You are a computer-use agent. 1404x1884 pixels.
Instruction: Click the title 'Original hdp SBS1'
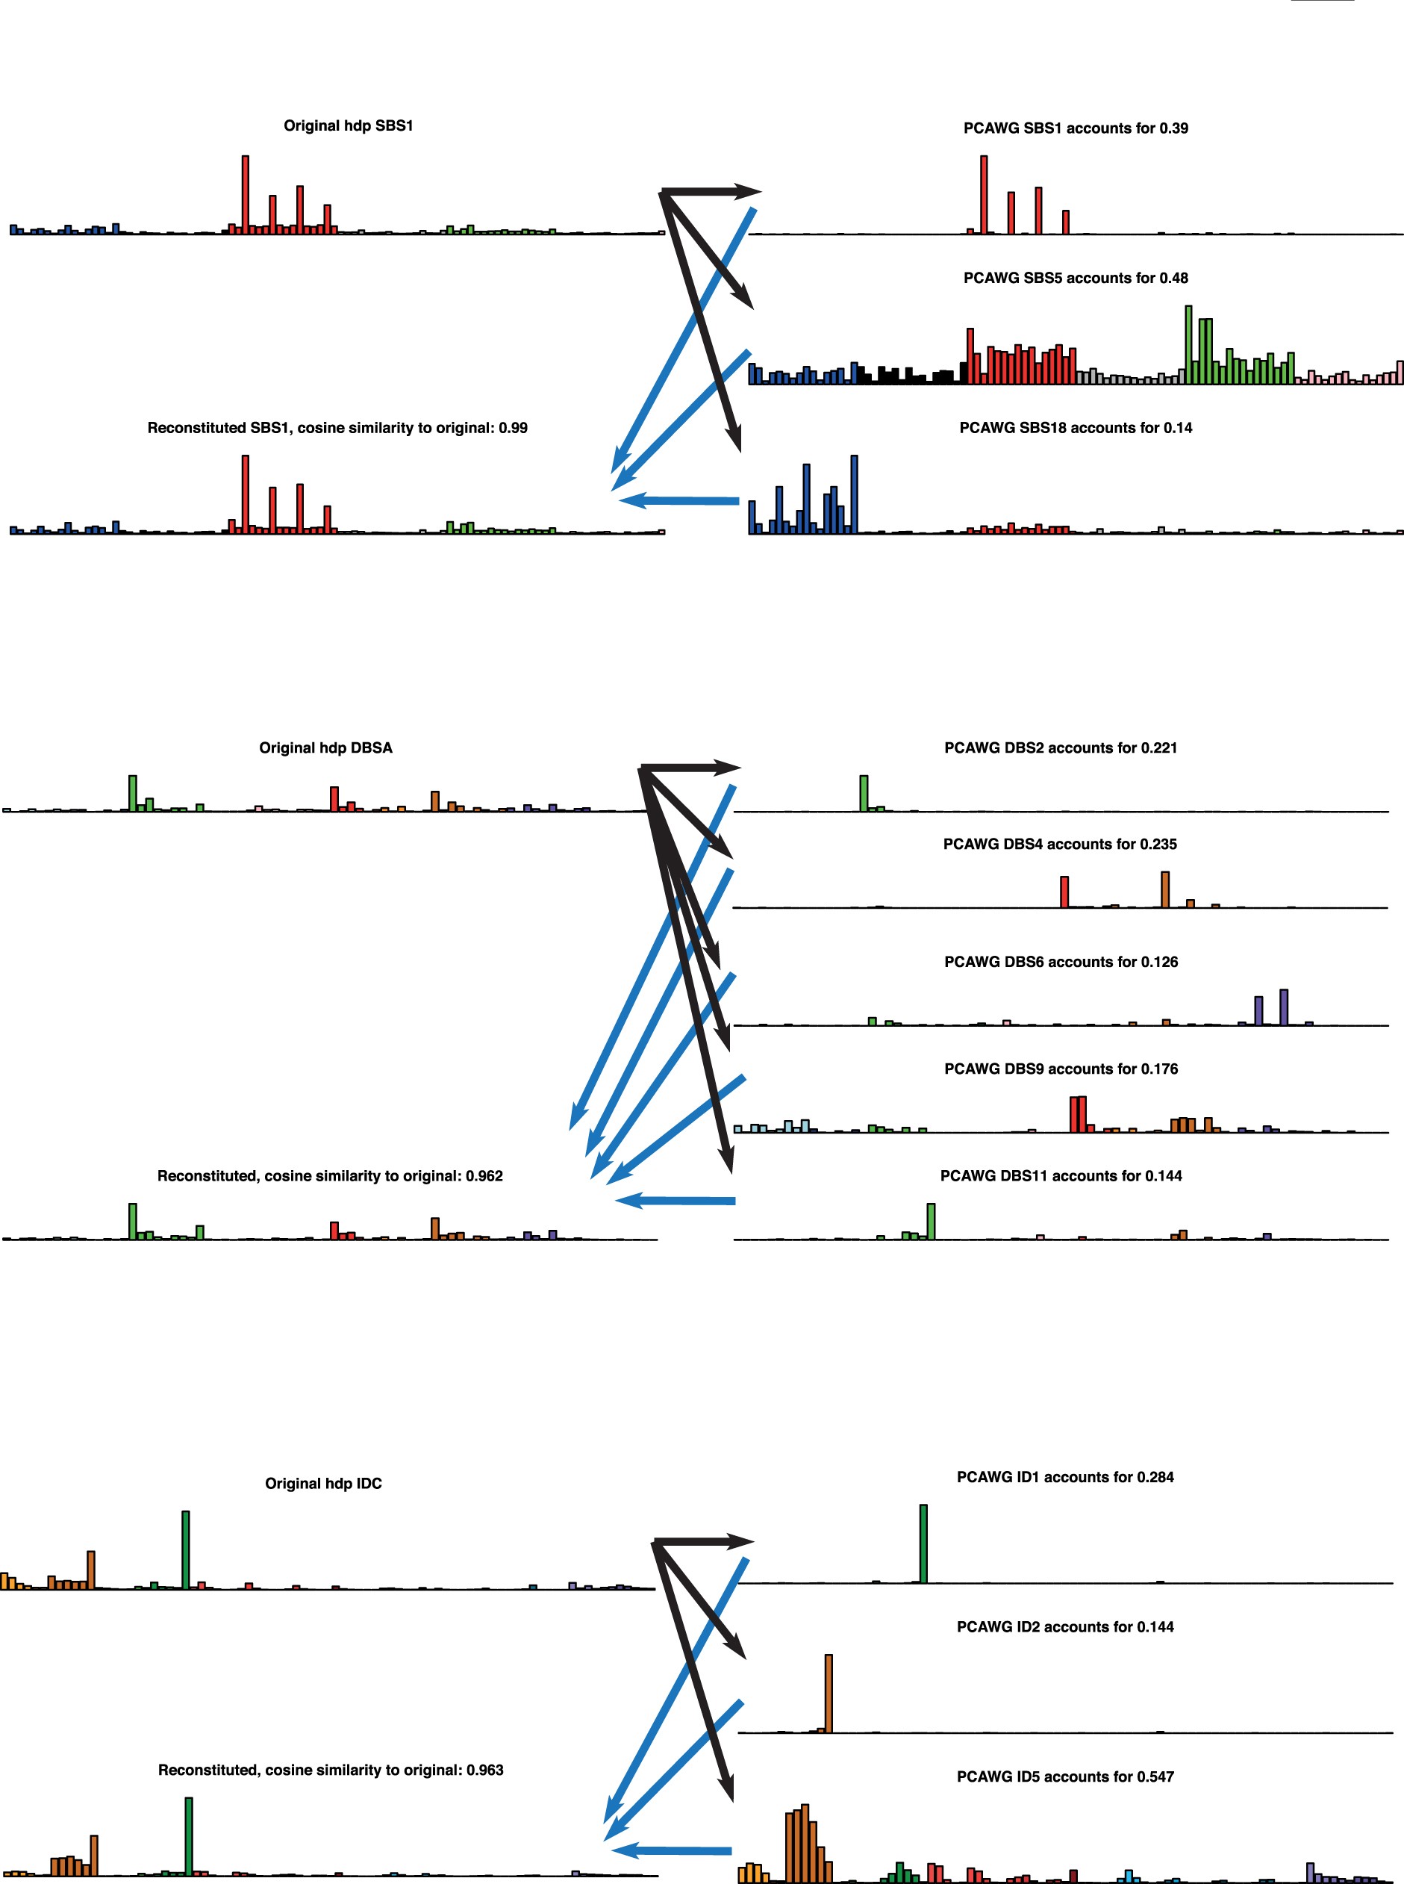point(349,126)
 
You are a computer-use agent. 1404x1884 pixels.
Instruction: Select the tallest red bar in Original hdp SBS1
point(246,194)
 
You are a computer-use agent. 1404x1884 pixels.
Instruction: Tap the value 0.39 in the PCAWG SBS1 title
point(1173,128)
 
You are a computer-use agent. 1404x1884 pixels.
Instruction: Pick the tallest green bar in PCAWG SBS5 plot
point(1188,344)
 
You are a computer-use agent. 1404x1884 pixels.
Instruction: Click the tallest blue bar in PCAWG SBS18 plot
point(854,495)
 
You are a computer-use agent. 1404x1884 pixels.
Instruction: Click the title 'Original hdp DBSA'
point(325,748)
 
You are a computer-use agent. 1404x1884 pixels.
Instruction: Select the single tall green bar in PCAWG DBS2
point(864,793)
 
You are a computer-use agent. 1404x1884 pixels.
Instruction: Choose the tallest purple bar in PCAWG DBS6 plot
point(1284,1007)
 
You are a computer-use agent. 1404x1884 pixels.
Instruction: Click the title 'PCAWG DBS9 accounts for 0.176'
point(1061,1069)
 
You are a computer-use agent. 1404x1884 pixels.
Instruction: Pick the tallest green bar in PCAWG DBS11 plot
point(932,1222)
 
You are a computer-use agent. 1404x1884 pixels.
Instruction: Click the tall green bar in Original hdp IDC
point(185,1549)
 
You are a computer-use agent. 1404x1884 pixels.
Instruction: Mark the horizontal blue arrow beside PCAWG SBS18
point(680,501)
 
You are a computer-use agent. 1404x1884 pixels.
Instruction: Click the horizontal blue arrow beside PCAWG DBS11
point(676,1201)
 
